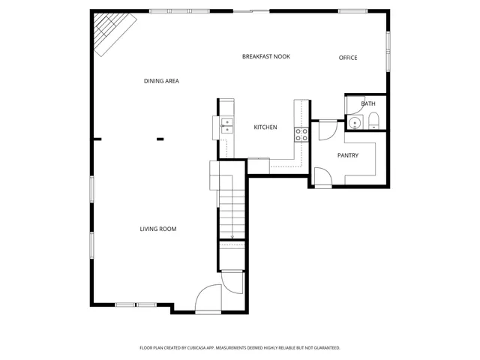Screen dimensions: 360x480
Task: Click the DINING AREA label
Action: (161, 81)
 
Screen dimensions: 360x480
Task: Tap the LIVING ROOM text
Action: (158, 229)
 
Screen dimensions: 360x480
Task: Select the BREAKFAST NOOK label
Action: (265, 57)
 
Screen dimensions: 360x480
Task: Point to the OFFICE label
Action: (347, 58)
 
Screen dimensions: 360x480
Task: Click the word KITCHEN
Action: (265, 127)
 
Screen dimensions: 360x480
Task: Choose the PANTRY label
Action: (347, 155)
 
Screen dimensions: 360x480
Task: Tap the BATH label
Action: (368, 103)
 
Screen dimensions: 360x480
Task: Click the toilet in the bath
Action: (373, 121)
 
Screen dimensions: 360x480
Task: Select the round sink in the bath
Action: (355, 122)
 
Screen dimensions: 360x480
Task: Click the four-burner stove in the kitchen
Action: (301, 134)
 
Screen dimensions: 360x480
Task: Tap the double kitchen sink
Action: (226, 125)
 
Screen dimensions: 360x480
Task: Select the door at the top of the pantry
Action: (327, 130)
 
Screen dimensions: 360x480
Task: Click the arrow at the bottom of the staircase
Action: (232, 235)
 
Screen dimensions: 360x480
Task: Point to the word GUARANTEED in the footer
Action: (323, 348)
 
